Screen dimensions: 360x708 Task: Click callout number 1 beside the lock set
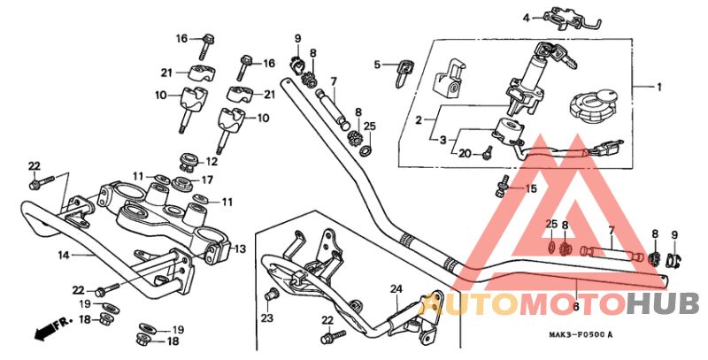[658, 87]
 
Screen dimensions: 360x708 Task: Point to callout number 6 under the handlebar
[576, 306]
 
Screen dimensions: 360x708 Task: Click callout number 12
[212, 162]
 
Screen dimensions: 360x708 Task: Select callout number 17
[208, 180]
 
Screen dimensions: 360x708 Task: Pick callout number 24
[396, 288]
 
